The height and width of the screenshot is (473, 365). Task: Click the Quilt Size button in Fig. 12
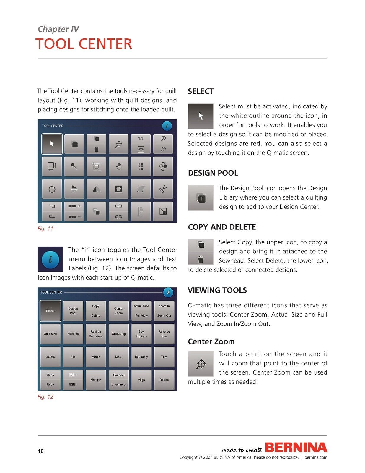tap(50, 334)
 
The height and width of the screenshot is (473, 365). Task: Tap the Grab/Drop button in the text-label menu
tap(119, 334)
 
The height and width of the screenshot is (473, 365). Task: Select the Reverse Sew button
tap(164, 334)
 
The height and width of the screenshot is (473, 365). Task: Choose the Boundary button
tap(141, 357)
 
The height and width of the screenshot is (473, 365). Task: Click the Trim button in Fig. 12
tap(164, 357)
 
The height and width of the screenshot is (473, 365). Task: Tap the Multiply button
tap(96, 380)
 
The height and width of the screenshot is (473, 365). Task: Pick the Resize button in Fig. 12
tap(164, 380)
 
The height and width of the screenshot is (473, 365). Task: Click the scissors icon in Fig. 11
tap(163, 189)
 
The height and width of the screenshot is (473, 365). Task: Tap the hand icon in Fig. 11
tap(119, 166)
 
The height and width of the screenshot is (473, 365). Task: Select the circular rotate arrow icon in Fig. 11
tap(52, 189)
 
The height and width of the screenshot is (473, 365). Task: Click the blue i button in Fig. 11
tap(167, 126)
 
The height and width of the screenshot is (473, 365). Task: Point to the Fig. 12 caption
tap(45, 397)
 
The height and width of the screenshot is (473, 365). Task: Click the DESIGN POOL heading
tap(213, 173)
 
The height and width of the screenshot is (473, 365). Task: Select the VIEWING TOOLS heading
tap(217, 290)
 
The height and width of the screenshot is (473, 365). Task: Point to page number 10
tap(41, 451)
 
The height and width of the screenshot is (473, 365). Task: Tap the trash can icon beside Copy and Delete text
tap(201, 259)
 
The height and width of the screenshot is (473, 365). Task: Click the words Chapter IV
tap(58, 29)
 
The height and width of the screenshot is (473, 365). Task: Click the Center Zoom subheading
tap(211, 341)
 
